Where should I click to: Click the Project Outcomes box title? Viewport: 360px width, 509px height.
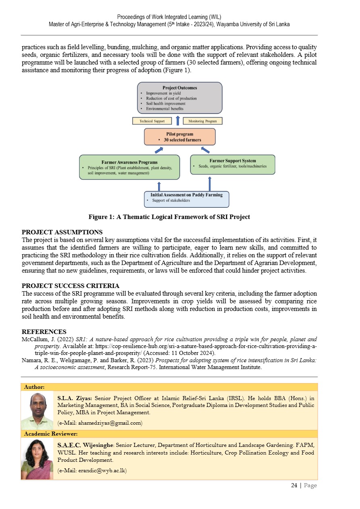[x=180, y=88]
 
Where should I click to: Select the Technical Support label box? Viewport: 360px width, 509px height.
[x=152, y=121]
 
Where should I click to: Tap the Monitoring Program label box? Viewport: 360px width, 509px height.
[x=203, y=121]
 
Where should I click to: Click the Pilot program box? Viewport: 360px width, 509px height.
[x=180, y=137]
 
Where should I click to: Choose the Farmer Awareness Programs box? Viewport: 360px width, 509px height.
[x=130, y=167]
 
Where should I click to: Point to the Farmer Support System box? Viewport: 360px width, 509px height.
[x=232, y=164]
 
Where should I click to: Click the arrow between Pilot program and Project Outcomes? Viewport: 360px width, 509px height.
[x=178, y=120]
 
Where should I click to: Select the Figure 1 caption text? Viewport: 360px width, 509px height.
[x=169, y=217]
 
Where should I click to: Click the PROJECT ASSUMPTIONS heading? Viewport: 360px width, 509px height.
[x=62, y=232]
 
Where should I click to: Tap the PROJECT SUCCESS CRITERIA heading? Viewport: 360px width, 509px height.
[x=70, y=286]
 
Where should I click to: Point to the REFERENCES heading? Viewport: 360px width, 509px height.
[x=44, y=332]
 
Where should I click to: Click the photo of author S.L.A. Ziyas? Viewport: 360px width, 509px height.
[x=37, y=411]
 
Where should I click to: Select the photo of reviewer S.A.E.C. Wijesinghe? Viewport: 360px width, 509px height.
[x=37, y=459]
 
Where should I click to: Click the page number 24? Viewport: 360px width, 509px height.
[x=294, y=485]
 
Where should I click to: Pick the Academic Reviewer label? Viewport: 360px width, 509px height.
[x=51, y=434]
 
